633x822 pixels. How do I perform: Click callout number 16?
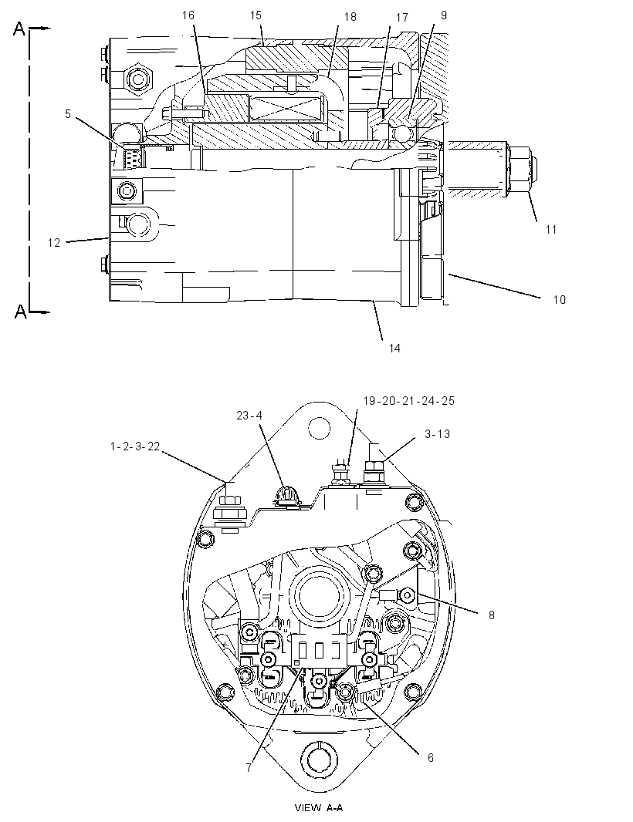click(188, 15)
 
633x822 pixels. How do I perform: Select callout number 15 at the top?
click(256, 15)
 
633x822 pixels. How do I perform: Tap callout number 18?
click(350, 17)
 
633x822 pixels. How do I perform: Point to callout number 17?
click(402, 18)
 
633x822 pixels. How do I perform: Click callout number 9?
click(444, 15)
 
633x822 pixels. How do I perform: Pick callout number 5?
click(68, 114)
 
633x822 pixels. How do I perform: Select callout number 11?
click(550, 229)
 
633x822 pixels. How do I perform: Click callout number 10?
click(560, 299)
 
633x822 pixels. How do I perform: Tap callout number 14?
click(394, 348)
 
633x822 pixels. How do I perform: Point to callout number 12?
click(54, 243)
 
